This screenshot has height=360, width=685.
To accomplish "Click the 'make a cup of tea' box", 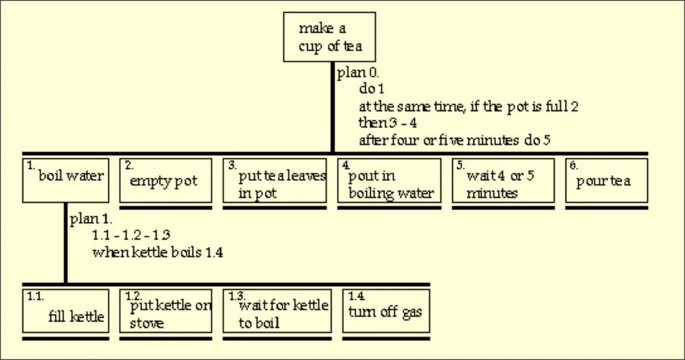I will (x=329, y=37).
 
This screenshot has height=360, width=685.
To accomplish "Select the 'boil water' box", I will (x=66, y=180).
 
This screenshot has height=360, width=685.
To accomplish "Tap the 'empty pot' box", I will (x=166, y=180).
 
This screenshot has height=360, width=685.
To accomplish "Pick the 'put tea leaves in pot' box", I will (x=274, y=180).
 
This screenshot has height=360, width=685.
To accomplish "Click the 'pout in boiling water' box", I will (x=389, y=180).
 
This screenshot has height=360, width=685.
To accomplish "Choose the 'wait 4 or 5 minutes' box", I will (x=503, y=180).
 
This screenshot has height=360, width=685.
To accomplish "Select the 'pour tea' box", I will (x=607, y=180).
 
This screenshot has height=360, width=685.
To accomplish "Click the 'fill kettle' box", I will (x=66, y=311).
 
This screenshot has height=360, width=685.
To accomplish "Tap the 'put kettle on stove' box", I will (x=166, y=311).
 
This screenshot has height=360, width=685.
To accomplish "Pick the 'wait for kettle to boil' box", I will (x=277, y=311).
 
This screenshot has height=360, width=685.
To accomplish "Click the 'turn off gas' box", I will (x=386, y=311).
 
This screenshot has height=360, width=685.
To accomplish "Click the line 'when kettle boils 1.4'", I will (x=158, y=252).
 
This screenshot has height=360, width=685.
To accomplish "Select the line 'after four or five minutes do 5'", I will (x=454, y=140).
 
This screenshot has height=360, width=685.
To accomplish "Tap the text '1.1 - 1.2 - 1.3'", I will (x=131, y=236).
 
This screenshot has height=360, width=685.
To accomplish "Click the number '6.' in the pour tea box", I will (x=573, y=165).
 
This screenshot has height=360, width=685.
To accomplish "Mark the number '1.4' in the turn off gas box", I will (x=356, y=296).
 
